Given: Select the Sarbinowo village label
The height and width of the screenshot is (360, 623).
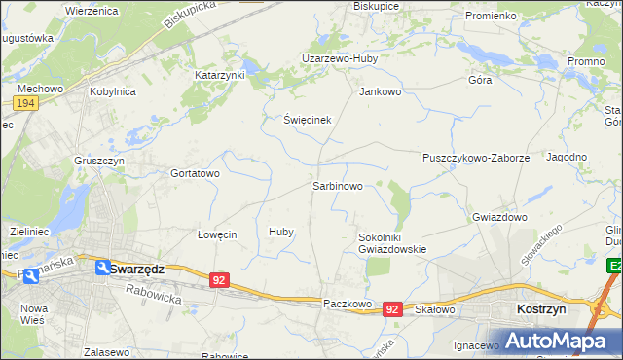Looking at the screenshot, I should [338, 185].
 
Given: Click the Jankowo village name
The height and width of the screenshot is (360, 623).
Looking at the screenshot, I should [380, 92].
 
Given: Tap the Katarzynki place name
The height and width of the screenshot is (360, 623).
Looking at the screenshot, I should [220, 74].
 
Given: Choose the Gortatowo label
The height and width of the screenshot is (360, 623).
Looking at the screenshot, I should [195, 173].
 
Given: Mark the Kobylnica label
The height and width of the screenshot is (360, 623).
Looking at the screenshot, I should [112, 91].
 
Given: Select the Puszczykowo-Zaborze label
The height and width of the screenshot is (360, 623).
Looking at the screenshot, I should [476, 157].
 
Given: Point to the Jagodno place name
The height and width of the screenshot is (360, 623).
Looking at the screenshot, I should [567, 157].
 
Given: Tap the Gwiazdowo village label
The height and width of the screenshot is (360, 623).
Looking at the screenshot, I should [498, 217].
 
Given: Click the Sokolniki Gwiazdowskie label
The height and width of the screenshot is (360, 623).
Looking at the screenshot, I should [392, 242].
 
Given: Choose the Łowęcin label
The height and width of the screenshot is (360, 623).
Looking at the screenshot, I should [217, 234].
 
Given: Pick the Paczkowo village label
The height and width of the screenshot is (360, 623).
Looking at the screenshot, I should [348, 304].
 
